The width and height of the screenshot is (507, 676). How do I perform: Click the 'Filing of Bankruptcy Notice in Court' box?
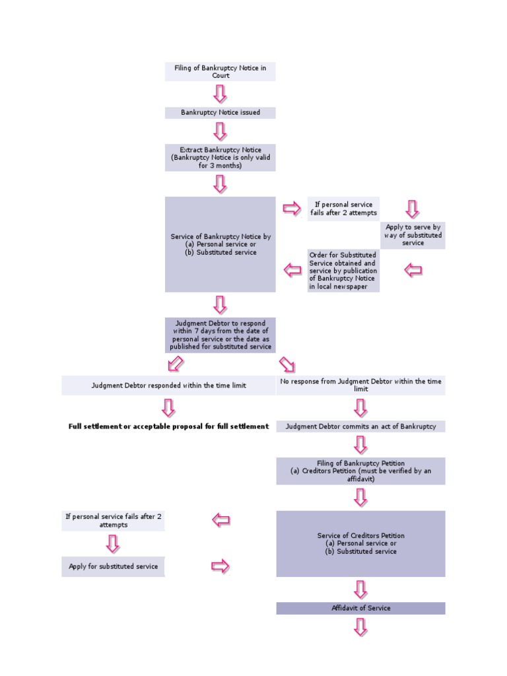[x=220, y=71]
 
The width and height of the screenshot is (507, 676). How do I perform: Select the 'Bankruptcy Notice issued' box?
[x=220, y=112]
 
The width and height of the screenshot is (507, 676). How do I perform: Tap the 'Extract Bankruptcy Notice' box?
[x=220, y=158]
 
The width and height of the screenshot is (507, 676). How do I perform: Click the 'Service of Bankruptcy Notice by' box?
[x=220, y=244]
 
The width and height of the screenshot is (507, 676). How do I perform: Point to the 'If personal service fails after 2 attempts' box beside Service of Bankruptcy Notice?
[x=343, y=209]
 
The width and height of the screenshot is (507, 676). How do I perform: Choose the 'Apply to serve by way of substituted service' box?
[x=413, y=235]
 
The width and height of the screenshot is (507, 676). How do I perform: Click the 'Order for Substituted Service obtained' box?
[x=343, y=271]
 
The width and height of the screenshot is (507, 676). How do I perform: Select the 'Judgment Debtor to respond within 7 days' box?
[x=220, y=335]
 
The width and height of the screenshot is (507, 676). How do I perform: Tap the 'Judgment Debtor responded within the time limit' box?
[x=168, y=386]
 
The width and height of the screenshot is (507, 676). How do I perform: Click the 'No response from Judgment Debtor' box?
[x=361, y=386]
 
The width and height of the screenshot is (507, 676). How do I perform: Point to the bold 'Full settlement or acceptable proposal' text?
[x=168, y=426]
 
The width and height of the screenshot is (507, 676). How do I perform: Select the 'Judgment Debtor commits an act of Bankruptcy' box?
[x=361, y=426]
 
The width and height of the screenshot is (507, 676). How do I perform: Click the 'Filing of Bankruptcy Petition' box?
[x=361, y=471]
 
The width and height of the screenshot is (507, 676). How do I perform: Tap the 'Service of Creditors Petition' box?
[x=361, y=544]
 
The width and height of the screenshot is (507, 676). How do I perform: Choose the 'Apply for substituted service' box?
[x=113, y=566]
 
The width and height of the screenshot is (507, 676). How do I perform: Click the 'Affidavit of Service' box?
[x=361, y=608]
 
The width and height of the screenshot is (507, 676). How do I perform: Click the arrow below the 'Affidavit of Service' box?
[x=360, y=627]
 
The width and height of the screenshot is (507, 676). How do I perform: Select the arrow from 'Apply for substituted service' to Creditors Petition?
[x=220, y=566]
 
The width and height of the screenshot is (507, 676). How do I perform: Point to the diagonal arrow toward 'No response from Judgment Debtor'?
[x=287, y=364]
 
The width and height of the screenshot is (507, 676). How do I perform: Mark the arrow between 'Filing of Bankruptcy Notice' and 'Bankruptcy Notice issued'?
[x=220, y=94]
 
